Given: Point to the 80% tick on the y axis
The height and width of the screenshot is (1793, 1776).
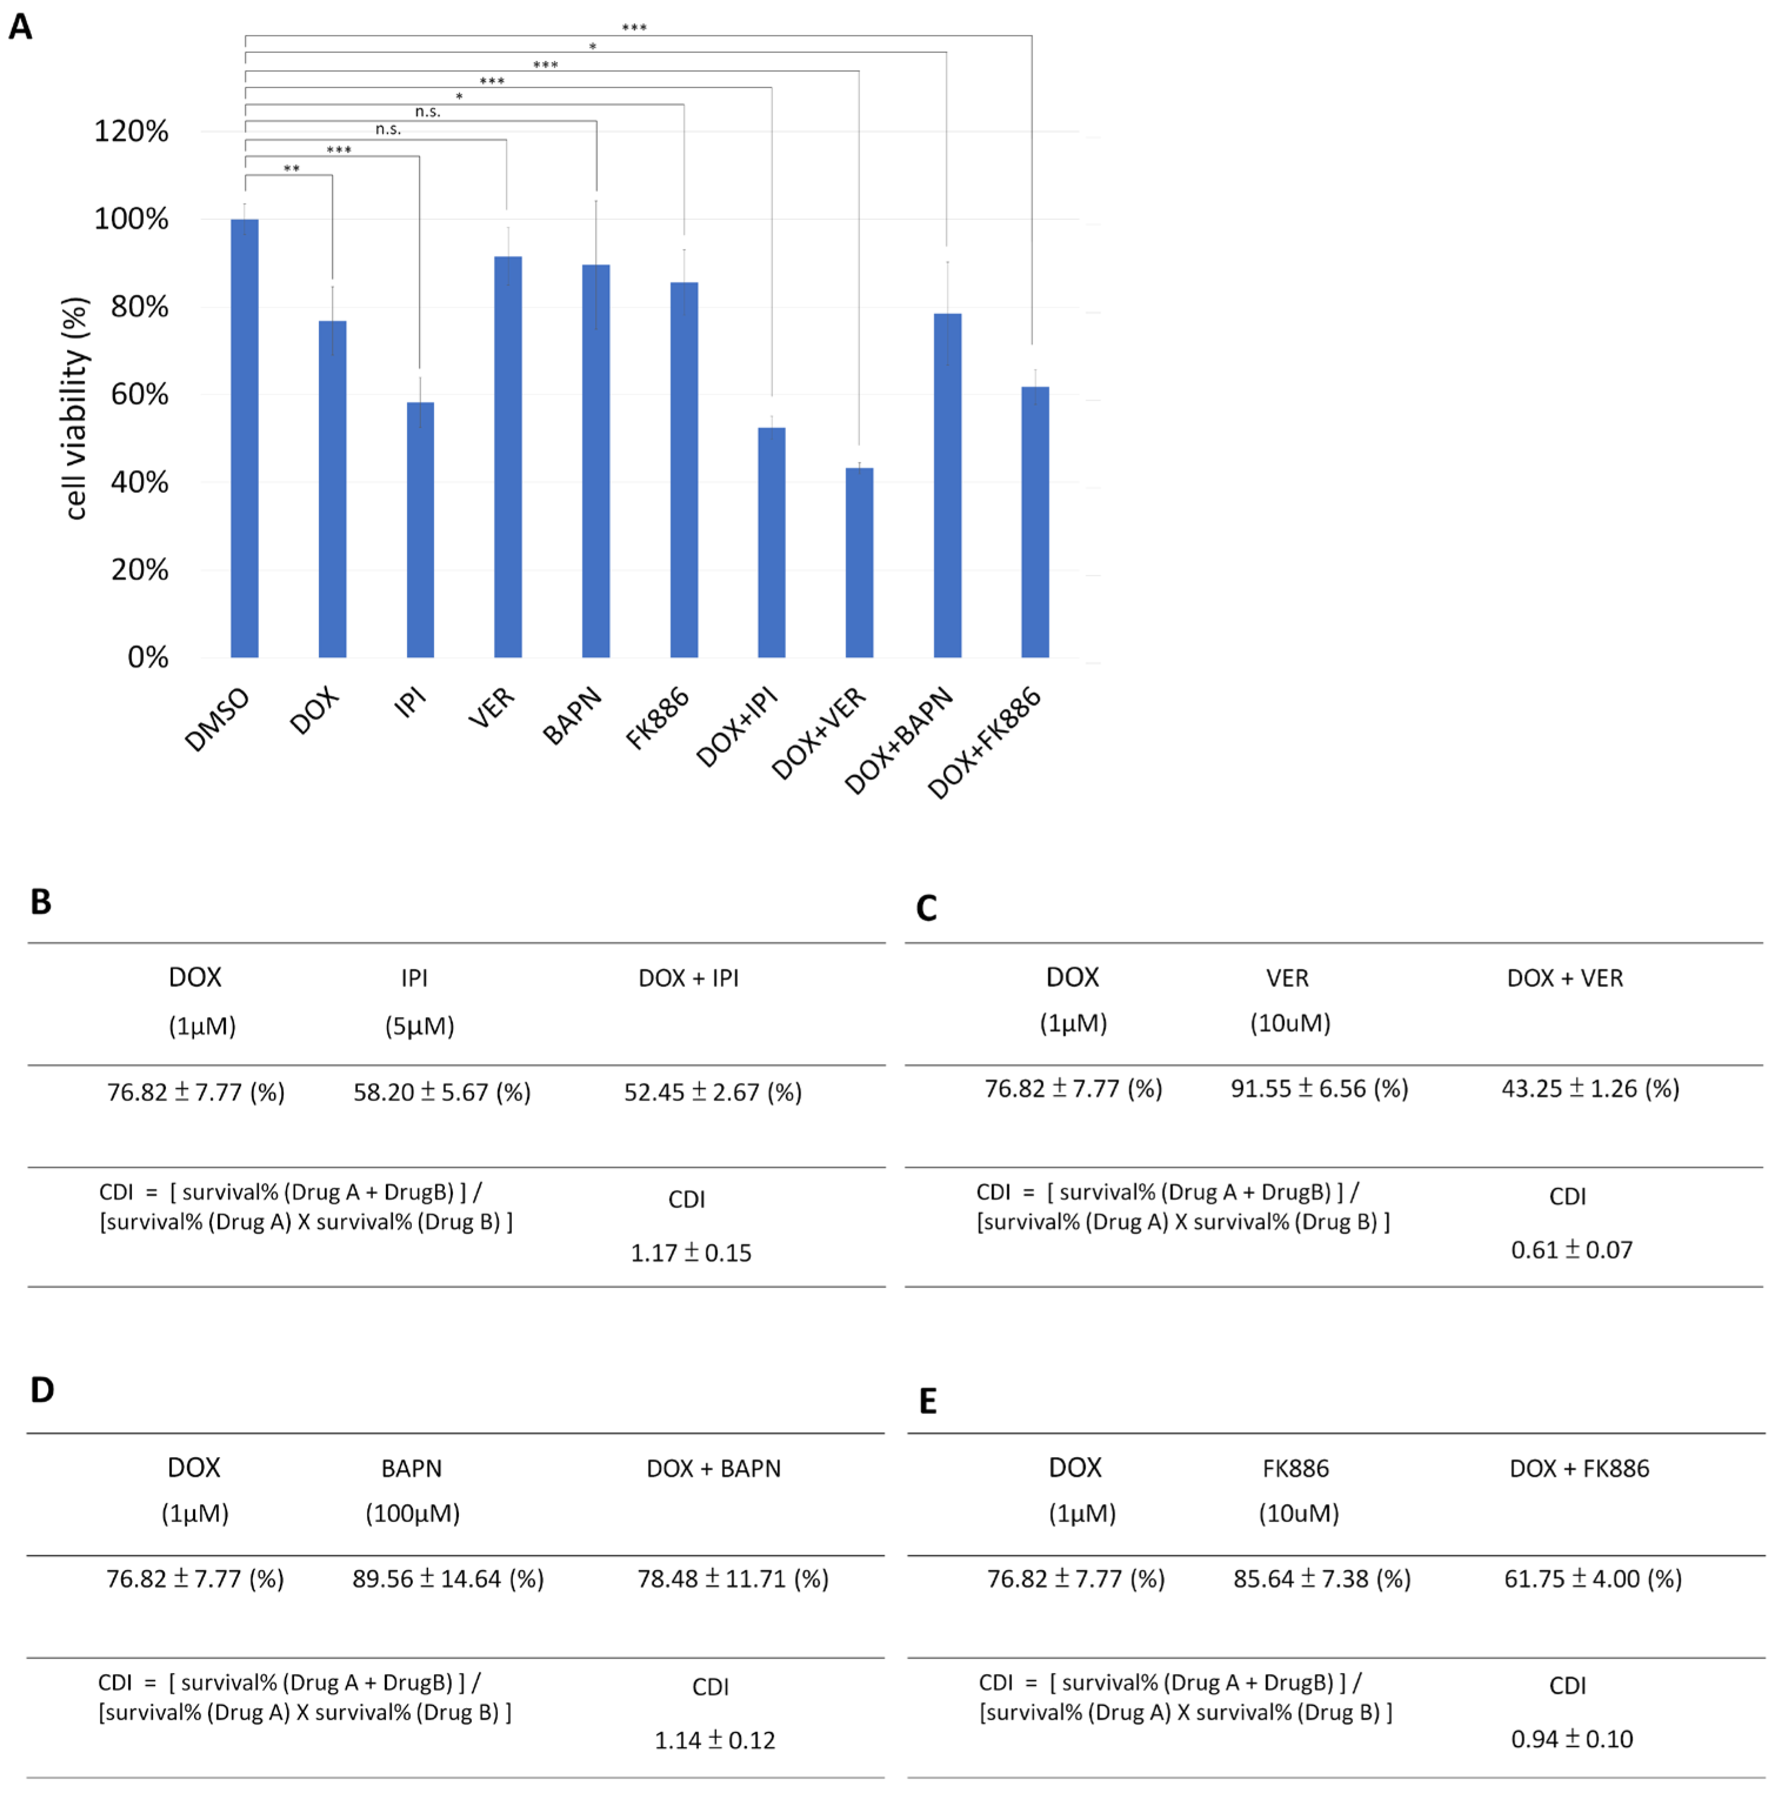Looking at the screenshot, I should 139,307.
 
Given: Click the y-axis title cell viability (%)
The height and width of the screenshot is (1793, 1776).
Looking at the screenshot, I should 74,408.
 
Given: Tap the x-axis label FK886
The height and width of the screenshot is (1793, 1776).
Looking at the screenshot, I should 658,718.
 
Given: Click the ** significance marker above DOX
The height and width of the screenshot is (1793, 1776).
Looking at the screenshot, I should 291,169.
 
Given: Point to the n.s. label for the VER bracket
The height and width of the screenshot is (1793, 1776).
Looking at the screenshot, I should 388,129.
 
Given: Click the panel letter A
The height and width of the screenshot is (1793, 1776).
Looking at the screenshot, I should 21,26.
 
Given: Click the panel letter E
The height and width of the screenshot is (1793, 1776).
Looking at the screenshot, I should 927,1401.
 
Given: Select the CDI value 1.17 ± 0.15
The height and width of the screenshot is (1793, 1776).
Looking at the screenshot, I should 691,1253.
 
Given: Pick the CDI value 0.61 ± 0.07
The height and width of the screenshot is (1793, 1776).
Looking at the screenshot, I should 1571,1250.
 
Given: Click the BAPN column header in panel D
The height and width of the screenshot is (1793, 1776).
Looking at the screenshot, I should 411,1469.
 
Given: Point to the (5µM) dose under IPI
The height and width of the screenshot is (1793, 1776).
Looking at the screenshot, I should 419,1027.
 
